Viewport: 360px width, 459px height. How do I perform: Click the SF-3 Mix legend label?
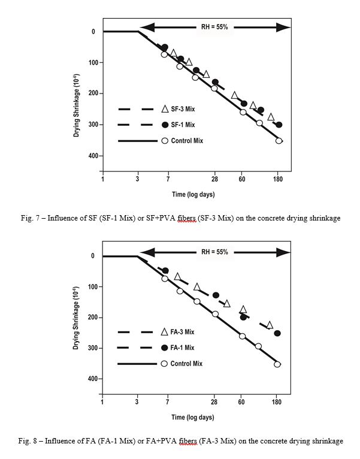(x=183, y=109)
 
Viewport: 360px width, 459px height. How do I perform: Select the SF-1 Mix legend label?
(x=183, y=125)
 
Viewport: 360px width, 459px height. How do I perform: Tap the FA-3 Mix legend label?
(x=182, y=332)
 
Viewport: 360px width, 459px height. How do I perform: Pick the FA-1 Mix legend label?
(x=182, y=348)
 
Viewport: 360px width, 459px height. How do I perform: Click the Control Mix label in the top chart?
(x=187, y=141)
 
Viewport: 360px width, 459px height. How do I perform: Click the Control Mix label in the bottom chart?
(x=186, y=364)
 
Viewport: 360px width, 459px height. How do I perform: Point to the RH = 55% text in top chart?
(x=214, y=27)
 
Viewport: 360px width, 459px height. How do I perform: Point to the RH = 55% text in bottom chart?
(x=214, y=252)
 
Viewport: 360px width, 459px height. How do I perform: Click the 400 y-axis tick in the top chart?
(x=93, y=156)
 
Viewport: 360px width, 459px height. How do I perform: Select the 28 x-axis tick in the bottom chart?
(x=214, y=402)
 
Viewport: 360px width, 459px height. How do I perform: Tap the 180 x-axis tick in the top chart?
(x=278, y=179)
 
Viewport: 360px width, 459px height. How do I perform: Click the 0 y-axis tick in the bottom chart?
(x=93, y=256)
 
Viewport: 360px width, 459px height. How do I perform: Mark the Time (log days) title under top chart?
(x=193, y=194)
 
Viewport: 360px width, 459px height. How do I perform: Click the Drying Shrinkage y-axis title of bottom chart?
(x=76, y=318)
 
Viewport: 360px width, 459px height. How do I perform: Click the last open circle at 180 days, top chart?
(x=279, y=141)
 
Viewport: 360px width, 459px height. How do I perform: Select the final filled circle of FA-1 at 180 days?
(x=277, y=333)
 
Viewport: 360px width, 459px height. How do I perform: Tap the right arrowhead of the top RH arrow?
(x=283, y=27)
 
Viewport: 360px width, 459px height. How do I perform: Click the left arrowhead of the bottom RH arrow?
(x=147, y=252)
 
